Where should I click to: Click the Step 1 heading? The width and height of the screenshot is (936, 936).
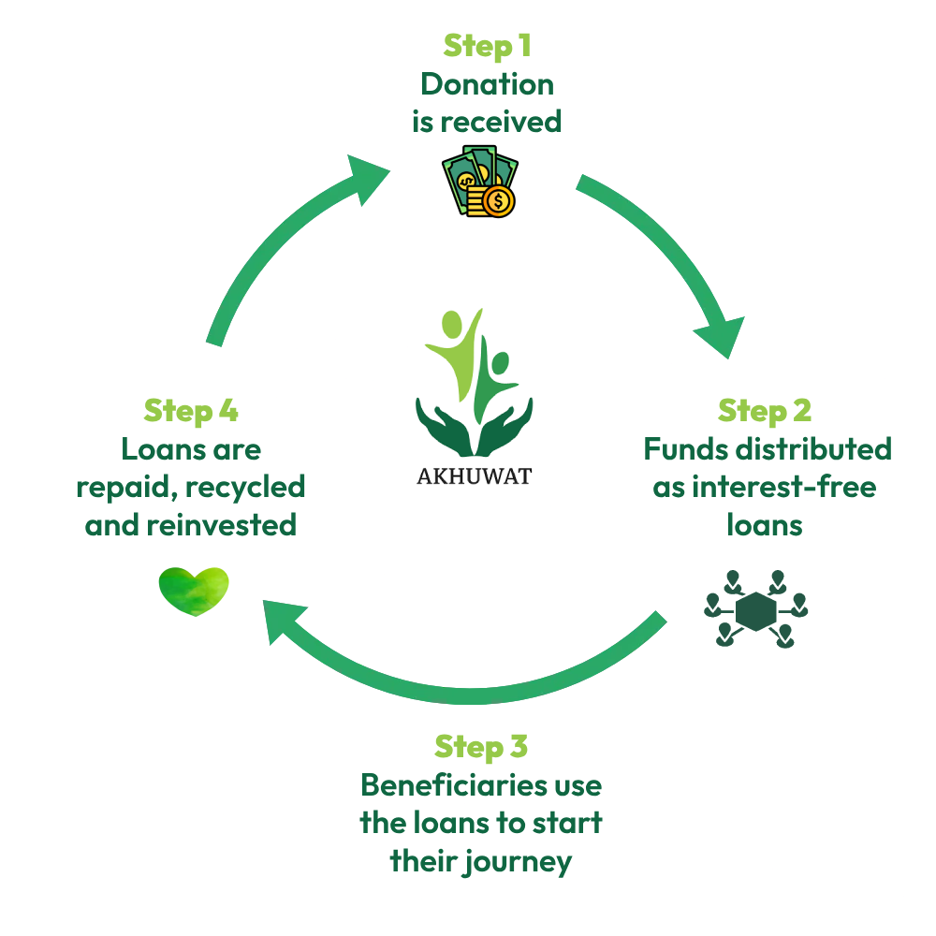486,46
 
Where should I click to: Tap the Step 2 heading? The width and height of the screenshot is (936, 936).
765,411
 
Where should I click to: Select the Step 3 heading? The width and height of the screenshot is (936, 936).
481,747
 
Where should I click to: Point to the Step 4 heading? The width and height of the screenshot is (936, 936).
191,411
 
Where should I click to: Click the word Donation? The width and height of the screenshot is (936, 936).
487,84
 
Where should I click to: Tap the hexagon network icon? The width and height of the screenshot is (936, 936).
755,609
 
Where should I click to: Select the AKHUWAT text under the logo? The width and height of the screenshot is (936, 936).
474,476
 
